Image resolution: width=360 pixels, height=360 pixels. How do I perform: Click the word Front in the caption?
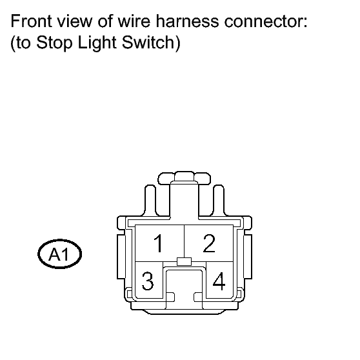31,21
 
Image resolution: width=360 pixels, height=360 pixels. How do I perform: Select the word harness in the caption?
187,21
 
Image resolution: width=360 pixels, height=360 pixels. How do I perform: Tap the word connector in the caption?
266,21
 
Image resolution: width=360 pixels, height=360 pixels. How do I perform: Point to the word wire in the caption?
134,21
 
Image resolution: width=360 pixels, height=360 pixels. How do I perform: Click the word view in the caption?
75,21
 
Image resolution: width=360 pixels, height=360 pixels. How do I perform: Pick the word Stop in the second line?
54,43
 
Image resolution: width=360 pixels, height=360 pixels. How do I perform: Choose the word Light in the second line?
97,43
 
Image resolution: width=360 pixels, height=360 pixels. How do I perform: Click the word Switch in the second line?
148,42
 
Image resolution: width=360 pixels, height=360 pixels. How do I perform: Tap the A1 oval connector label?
60,254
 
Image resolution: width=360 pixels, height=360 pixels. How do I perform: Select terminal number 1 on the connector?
159,243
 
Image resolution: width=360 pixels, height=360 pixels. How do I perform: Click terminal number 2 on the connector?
209,243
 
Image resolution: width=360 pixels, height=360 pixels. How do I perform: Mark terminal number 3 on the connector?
148,281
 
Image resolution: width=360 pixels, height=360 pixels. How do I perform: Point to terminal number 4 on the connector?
219,281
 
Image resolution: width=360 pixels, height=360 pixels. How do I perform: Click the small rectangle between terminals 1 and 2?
184,261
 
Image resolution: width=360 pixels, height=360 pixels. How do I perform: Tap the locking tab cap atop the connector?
184,177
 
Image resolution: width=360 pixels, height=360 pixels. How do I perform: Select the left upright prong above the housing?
150,200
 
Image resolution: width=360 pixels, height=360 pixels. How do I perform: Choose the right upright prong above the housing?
219,200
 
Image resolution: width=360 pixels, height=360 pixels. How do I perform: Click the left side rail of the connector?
121,257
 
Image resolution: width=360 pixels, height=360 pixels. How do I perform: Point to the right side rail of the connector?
248,257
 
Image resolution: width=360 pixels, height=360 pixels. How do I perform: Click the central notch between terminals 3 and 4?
184,285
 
